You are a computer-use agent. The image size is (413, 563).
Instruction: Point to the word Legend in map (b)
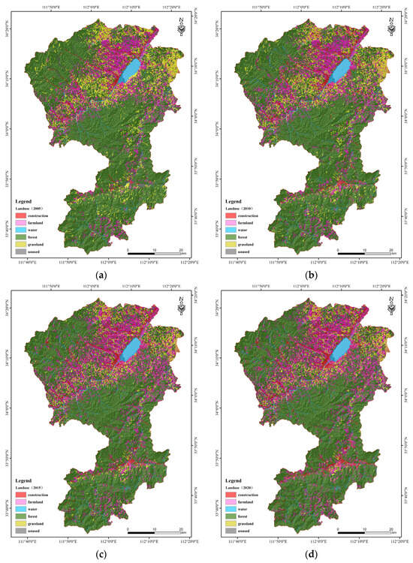pyautogui.click(x=236, y=201)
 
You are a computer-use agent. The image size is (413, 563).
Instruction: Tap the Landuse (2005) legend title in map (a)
pyautogui.click(x=31, y=208)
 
